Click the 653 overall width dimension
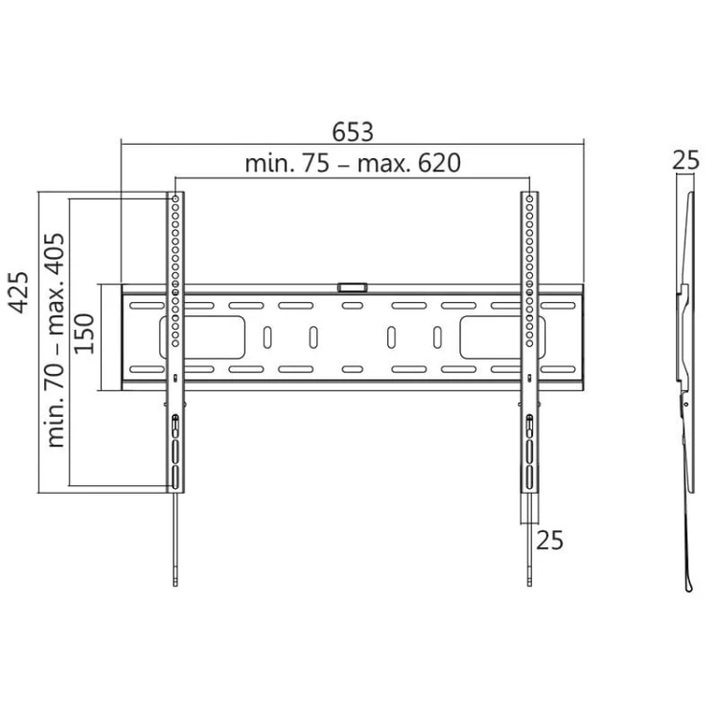[352, 130]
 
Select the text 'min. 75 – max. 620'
[352, 163]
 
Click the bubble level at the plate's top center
[352, 286]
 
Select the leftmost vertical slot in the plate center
[267, 337]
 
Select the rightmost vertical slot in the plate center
[437, 337]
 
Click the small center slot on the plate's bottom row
[352, 369]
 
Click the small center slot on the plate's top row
[352, 307]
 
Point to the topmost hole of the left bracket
[175, 198]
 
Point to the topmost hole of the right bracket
[528, 198]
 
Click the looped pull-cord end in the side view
[687, 581]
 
